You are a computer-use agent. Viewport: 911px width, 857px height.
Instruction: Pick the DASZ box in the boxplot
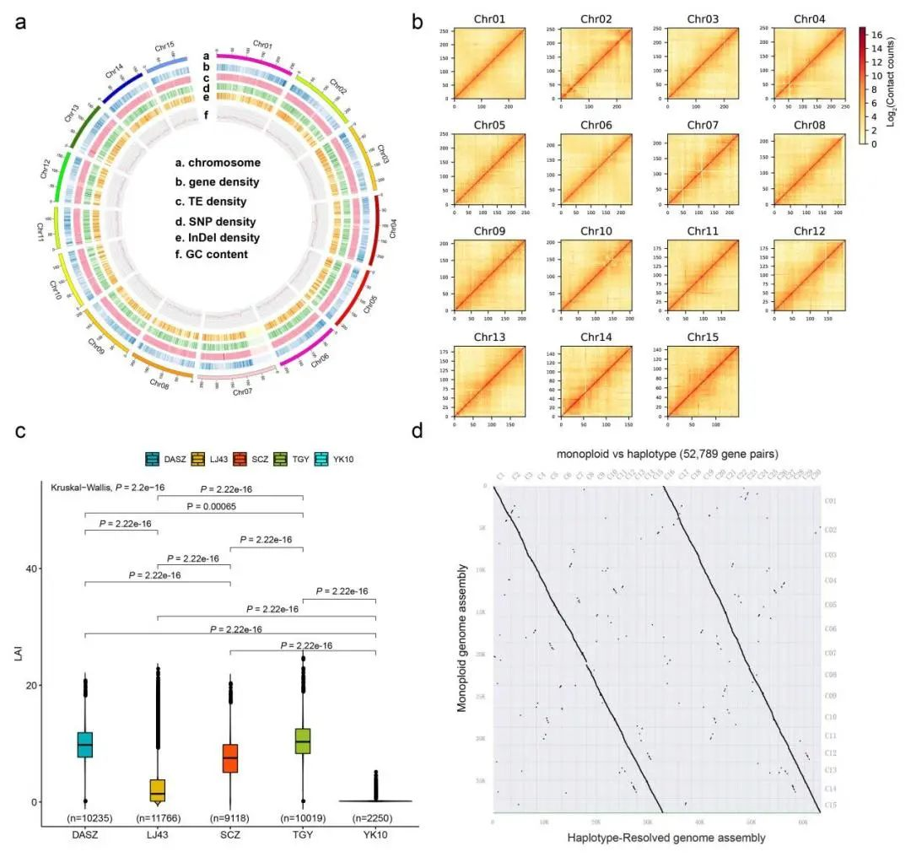pyautogui.click(x=84, y=745)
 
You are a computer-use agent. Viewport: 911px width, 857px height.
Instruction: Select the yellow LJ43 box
pyautogui.click(x=158, y=790)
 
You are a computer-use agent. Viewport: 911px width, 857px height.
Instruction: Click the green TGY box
pyautogui.click(x=303, y=741)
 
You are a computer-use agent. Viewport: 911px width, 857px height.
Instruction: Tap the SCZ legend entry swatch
pyautogui.click(x=240, y=458)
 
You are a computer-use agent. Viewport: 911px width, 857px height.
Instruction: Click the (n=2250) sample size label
pyautogui.click(x=375, y=817)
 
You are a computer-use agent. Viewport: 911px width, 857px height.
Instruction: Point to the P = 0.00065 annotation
pyautogui.click(x=229, y=507)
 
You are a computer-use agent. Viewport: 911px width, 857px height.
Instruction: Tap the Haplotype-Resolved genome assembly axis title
pyautogui.click(x=655, y=838)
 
